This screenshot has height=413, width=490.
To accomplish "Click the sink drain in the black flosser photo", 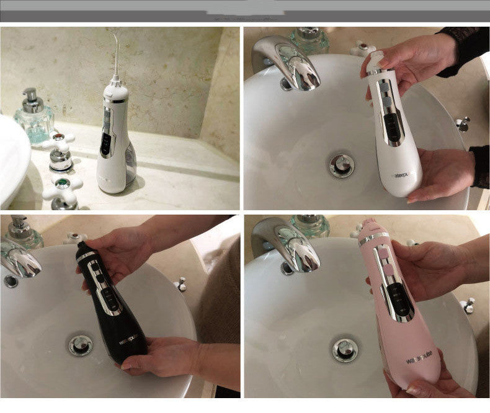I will tap(81, 344).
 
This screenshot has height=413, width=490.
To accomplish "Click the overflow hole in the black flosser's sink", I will tap(11, 282).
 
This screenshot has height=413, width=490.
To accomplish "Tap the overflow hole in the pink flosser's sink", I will tap(287, 269).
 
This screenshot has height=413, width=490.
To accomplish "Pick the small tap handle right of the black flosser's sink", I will tap(180, 285).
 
